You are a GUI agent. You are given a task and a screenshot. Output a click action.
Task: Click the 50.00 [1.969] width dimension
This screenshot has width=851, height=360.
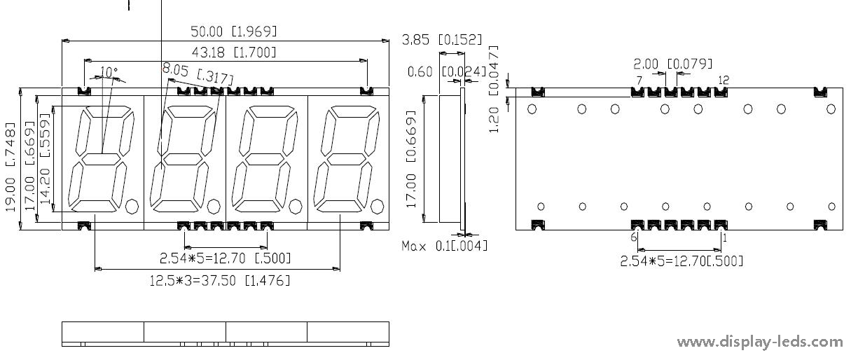234,32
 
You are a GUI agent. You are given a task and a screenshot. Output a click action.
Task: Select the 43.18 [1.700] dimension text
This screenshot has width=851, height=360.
234,53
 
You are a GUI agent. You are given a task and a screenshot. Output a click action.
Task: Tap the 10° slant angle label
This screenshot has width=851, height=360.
109,71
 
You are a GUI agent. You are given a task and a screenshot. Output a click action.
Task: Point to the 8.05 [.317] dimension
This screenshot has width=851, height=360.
198,74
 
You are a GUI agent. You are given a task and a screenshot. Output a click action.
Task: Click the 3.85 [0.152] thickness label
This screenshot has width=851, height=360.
442,40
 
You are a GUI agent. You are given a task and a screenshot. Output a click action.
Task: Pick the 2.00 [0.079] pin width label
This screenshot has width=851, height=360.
672,64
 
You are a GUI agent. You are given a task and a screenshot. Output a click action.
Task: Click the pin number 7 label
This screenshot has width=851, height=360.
639,81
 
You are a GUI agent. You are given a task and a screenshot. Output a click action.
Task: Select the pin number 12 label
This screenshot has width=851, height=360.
724,80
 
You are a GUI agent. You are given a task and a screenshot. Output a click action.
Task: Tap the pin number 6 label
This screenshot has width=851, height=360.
633,237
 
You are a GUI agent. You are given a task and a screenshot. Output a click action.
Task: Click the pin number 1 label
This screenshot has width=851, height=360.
725,238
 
